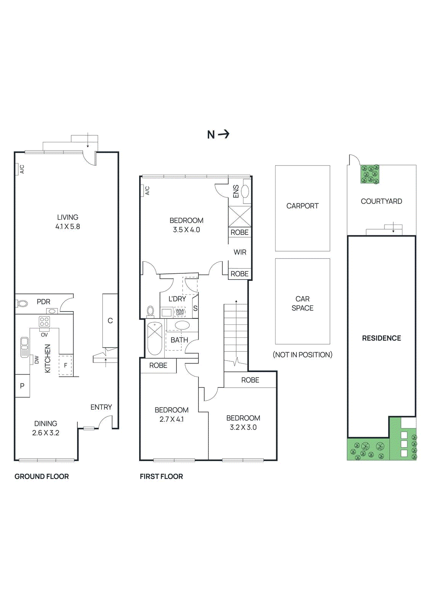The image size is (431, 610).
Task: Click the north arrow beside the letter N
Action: click(x=224, y=134)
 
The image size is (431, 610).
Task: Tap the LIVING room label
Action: click(x=67, y=217)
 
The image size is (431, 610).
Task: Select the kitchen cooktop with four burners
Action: click(x=44, y=321)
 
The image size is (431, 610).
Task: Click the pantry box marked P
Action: click(x=22, y=386)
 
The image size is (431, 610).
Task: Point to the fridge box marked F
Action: click(x=66, y=365)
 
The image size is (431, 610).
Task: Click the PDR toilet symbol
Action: click(x=22, y=304)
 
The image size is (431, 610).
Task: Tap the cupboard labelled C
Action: click(x=110, y=321)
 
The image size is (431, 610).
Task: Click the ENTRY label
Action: click(x=101, y=407)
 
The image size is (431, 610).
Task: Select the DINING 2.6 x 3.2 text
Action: click(x=46, y=428)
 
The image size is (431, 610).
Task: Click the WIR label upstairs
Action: click(x=240, y=252)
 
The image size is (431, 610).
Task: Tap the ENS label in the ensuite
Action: click(x=236, y=191)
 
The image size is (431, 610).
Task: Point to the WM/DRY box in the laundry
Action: click(x=180, y=312)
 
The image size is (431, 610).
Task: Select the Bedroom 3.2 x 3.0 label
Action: click(x=243, y=422)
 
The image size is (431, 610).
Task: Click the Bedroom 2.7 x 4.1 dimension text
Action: click(x=171, y=419)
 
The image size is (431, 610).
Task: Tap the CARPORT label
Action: click(x=302, y=206)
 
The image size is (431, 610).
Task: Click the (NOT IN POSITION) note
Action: click(x=302, y=355)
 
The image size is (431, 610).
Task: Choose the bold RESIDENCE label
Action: click(x=381, y=338)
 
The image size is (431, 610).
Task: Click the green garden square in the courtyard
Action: click(x=370, y=174)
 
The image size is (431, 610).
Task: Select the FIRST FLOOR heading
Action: click(x=161, y=477)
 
